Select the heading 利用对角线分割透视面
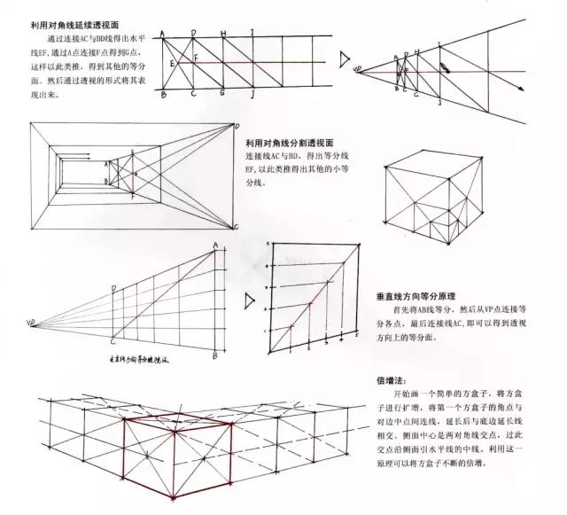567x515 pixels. point(289,142)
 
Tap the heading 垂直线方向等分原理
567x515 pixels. point(414,297)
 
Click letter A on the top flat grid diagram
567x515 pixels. point(162,35)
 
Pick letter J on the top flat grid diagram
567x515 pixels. point(252,94)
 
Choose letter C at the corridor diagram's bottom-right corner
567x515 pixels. point(236,227)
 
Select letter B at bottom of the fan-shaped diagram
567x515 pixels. point(215,355)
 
